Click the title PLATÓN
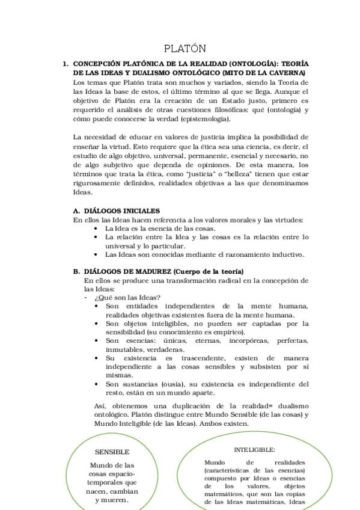pos(185,48)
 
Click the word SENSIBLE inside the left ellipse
pos(112,452)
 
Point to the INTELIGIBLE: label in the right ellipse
pos(254,449)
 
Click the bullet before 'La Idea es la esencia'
pos(97,229)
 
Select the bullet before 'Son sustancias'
pos(97,384)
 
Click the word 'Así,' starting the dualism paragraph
pos(101,405)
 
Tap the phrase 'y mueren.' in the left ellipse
pos(111,499)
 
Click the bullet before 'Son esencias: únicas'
pos(97,340)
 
